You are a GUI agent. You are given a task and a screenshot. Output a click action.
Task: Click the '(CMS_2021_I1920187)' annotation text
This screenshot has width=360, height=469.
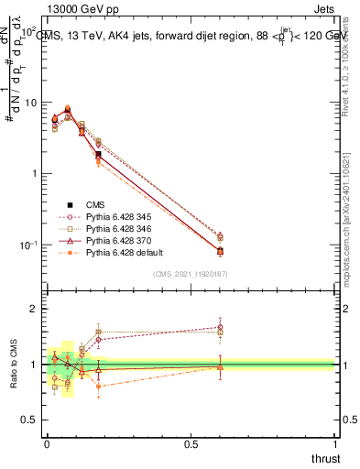coord(190,274)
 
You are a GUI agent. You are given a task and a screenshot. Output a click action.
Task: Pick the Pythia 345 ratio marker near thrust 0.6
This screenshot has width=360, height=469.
coord(220,327)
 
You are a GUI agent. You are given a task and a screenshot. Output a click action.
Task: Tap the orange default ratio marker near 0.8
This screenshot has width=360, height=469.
coord(98,387)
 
